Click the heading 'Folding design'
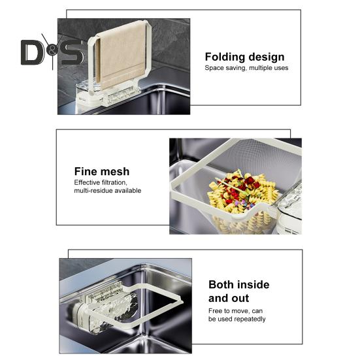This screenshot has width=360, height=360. [x=244, y=57]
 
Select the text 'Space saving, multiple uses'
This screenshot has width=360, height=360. [x=246, y=68]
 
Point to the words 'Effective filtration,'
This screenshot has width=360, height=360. [x=101, y=182]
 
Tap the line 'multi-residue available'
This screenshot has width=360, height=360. [x=107, y=191]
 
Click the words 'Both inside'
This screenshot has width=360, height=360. [x=238, y=285]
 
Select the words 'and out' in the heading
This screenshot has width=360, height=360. [x=229, y=299]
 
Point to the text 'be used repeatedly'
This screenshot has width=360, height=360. [x=237, y=319]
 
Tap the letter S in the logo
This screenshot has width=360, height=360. [x=72, y=52]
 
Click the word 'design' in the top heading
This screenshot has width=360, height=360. [x=267, y=57]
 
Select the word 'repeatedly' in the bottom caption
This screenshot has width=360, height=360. [x=248, y=319]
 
